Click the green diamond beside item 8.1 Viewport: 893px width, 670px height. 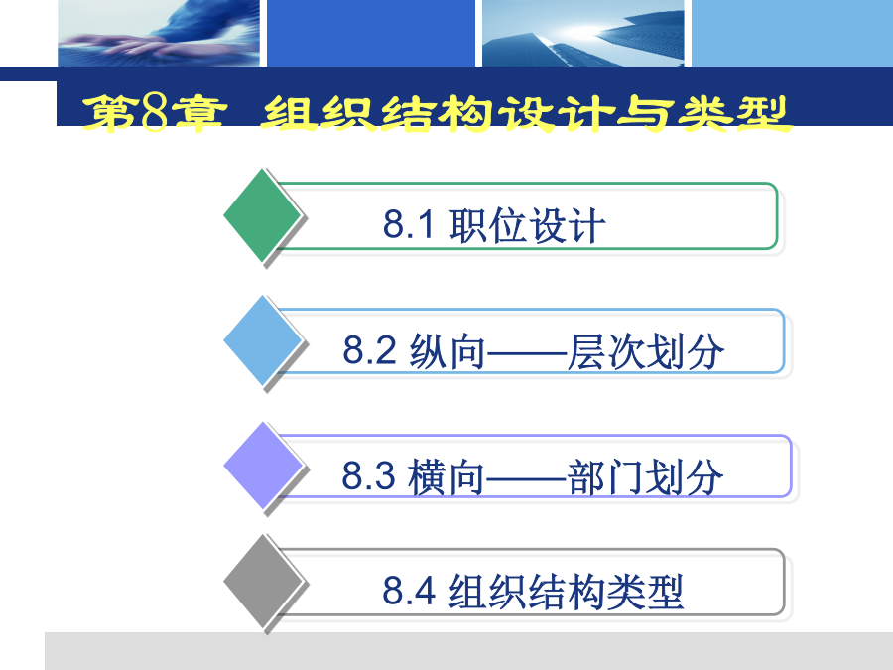262,215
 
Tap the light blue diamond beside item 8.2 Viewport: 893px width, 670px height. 262,340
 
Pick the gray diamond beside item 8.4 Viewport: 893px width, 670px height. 262,581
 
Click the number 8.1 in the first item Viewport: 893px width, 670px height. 409,224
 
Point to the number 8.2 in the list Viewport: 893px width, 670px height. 369,349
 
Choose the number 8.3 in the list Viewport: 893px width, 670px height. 368,475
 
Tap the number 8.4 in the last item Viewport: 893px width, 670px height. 409,591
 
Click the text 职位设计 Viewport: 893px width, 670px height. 528,225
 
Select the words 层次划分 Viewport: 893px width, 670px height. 646,351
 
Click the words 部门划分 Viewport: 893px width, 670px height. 645,476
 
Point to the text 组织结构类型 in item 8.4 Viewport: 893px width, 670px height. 567,592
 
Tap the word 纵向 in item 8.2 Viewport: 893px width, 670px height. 447,351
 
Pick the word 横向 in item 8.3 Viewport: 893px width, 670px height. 446,476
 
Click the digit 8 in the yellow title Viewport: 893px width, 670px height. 155,112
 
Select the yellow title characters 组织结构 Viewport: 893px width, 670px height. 377,114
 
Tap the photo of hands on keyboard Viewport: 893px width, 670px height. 159,33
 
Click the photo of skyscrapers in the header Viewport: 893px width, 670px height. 583,33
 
